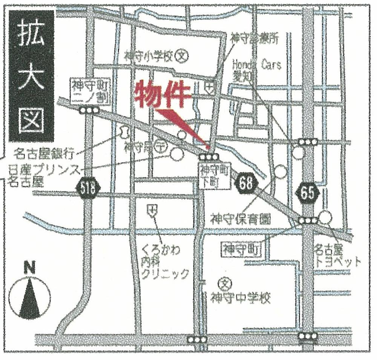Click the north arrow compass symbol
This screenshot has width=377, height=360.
click(30, 294)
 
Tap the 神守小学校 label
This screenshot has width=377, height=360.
click(148, 57)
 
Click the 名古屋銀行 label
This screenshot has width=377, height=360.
click(44, 154)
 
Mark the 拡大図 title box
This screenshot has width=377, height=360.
click(31, 75)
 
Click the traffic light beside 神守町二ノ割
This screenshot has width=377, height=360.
click(90, 110)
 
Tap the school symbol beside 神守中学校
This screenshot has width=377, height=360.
click(225, 282)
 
